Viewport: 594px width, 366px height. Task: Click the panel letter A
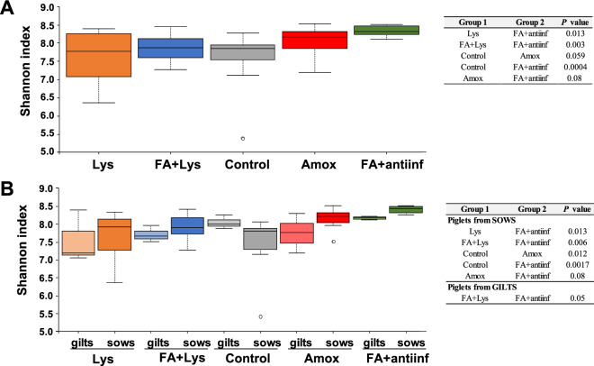coord(7,8)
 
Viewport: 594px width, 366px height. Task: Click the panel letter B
coord(7,191)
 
